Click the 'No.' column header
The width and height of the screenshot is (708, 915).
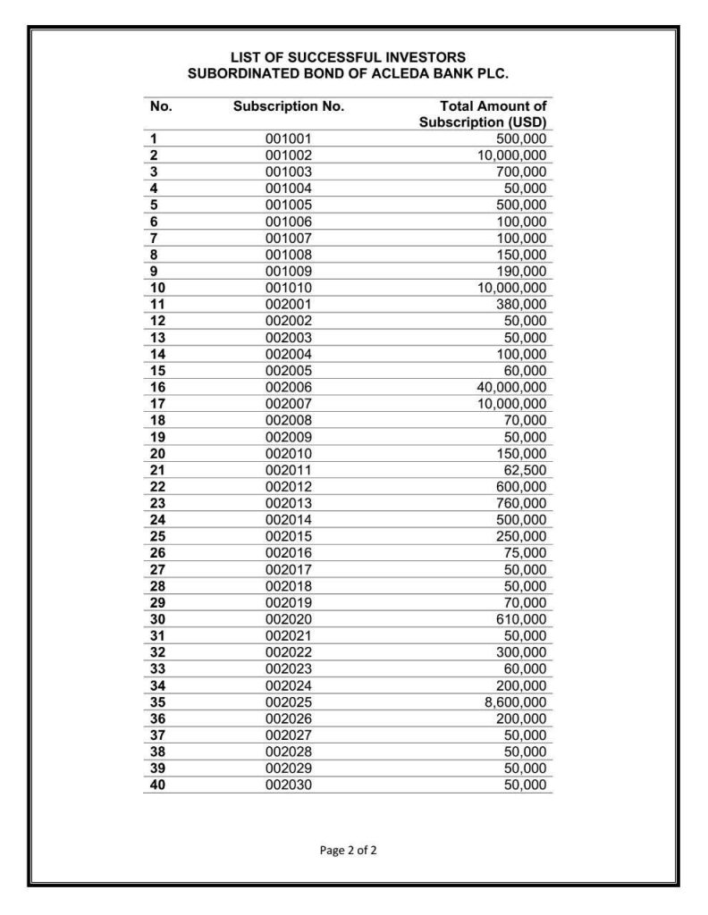coord(161,106)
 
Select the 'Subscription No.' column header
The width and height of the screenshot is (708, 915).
coord(289,106)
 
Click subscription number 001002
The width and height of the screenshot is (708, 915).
coord(289,155)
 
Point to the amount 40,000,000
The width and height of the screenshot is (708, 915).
coord(511,387)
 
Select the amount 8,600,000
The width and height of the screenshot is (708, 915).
coord(515,702)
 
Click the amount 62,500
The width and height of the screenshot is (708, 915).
coord(524,470)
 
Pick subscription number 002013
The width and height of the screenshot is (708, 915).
coord(289,503)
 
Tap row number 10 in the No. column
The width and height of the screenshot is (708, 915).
coord(158,288)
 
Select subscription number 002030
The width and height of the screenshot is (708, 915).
coord(289,785)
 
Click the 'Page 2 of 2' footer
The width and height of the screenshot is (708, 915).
coord(348,850)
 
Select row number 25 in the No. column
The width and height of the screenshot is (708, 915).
coord(158,536)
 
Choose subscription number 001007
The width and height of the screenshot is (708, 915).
coord(289,238)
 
